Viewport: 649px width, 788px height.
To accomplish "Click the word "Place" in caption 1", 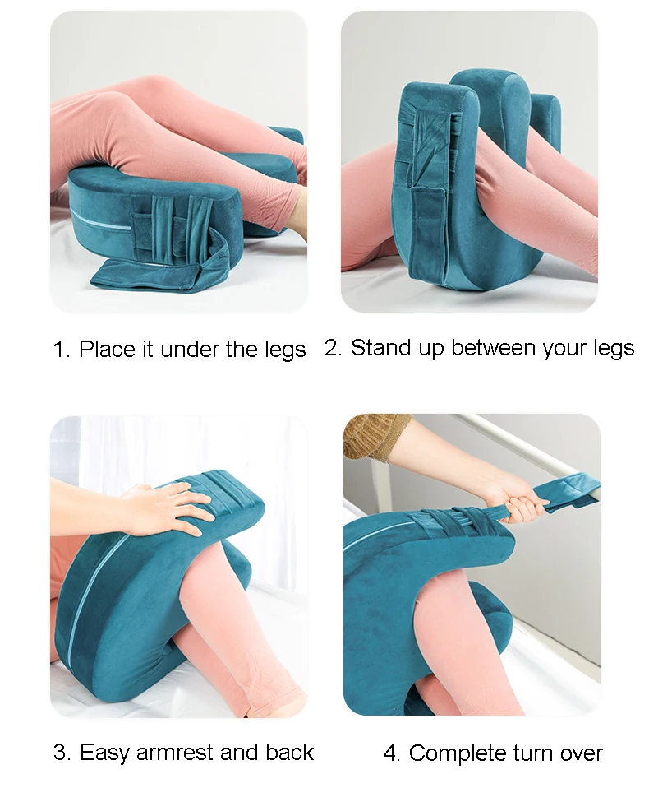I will pos(105,350).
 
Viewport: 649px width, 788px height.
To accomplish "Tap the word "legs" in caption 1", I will pos(284,350).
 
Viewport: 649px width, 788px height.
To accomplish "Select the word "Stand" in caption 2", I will pos(379,348).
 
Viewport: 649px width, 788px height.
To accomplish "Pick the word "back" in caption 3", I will pos(290,752).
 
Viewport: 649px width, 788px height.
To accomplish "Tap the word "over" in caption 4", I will pos(580,753).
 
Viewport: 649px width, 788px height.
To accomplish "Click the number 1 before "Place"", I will pos(58,350).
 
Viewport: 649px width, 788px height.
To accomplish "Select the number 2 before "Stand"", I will pos(330,348).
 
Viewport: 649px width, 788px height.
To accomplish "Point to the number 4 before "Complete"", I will pos(389,753).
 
